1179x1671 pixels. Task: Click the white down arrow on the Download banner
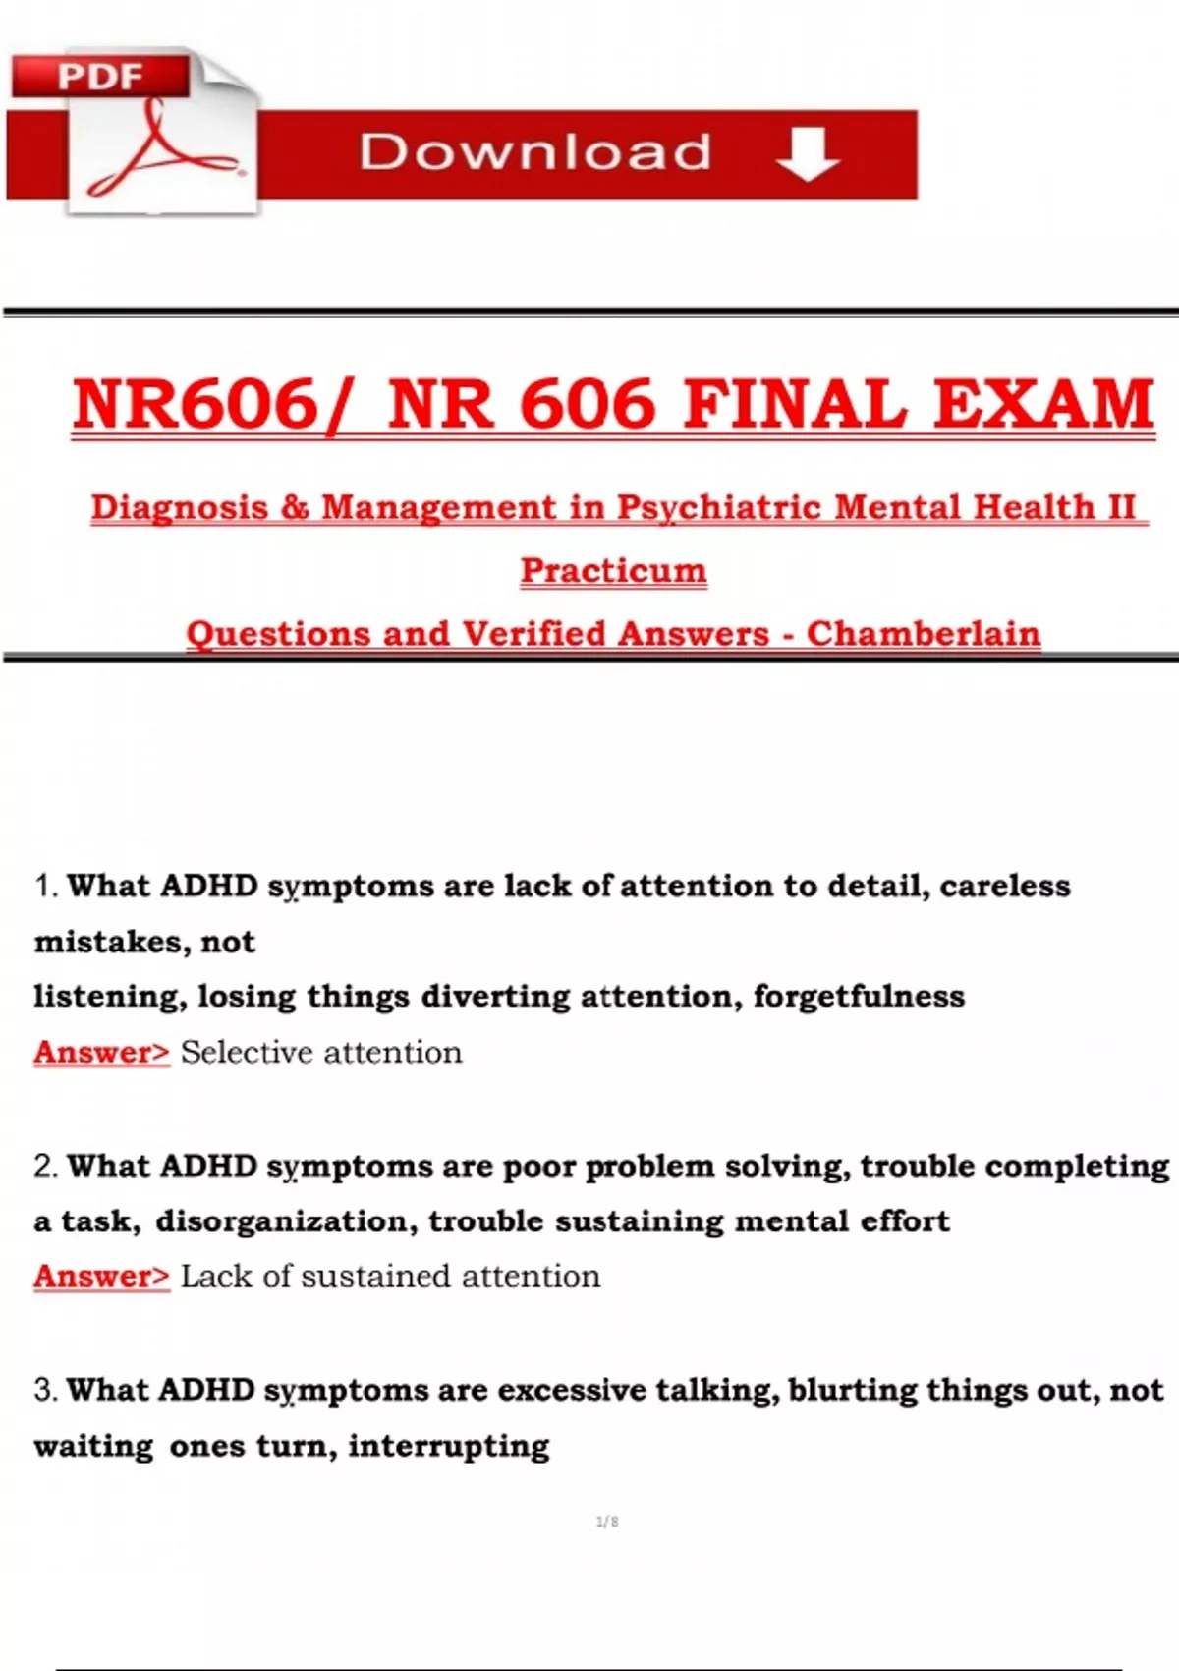tap(808, 155)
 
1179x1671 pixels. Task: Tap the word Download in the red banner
tap(535, 152)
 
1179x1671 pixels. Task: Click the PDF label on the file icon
tap(100, 76)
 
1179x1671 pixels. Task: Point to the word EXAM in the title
tap(1043, 404)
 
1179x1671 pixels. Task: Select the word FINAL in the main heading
tap(795, 404)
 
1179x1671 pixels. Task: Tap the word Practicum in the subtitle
tap(614, 571)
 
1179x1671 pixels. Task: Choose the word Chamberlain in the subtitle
tap(924, 634)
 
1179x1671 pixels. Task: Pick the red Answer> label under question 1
tap(101, 1053)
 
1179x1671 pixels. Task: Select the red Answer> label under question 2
tap(101, 1276)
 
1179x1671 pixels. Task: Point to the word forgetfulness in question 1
tap(859, 997)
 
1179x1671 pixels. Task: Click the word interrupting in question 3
tap(449, 1446)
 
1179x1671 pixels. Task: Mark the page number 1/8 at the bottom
tap(607, 1522)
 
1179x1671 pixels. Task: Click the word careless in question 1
tap(1005, 886)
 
